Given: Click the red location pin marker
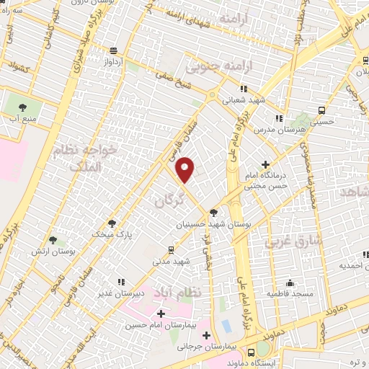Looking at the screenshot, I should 185,169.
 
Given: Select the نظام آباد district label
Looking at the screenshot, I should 171,292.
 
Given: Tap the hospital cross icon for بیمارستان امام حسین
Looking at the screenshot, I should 160,314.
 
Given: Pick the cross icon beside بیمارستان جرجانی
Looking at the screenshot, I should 207,335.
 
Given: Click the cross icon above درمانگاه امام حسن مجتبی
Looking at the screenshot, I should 267,164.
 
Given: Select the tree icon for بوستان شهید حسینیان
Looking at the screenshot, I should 213,212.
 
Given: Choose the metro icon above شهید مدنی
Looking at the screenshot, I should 170,249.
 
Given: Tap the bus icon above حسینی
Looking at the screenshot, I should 321,111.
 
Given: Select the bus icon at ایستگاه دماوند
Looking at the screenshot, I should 252,352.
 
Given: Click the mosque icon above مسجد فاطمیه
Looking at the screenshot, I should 290,283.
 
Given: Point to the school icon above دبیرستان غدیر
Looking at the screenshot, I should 121,282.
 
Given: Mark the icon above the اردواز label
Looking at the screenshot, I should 113,50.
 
